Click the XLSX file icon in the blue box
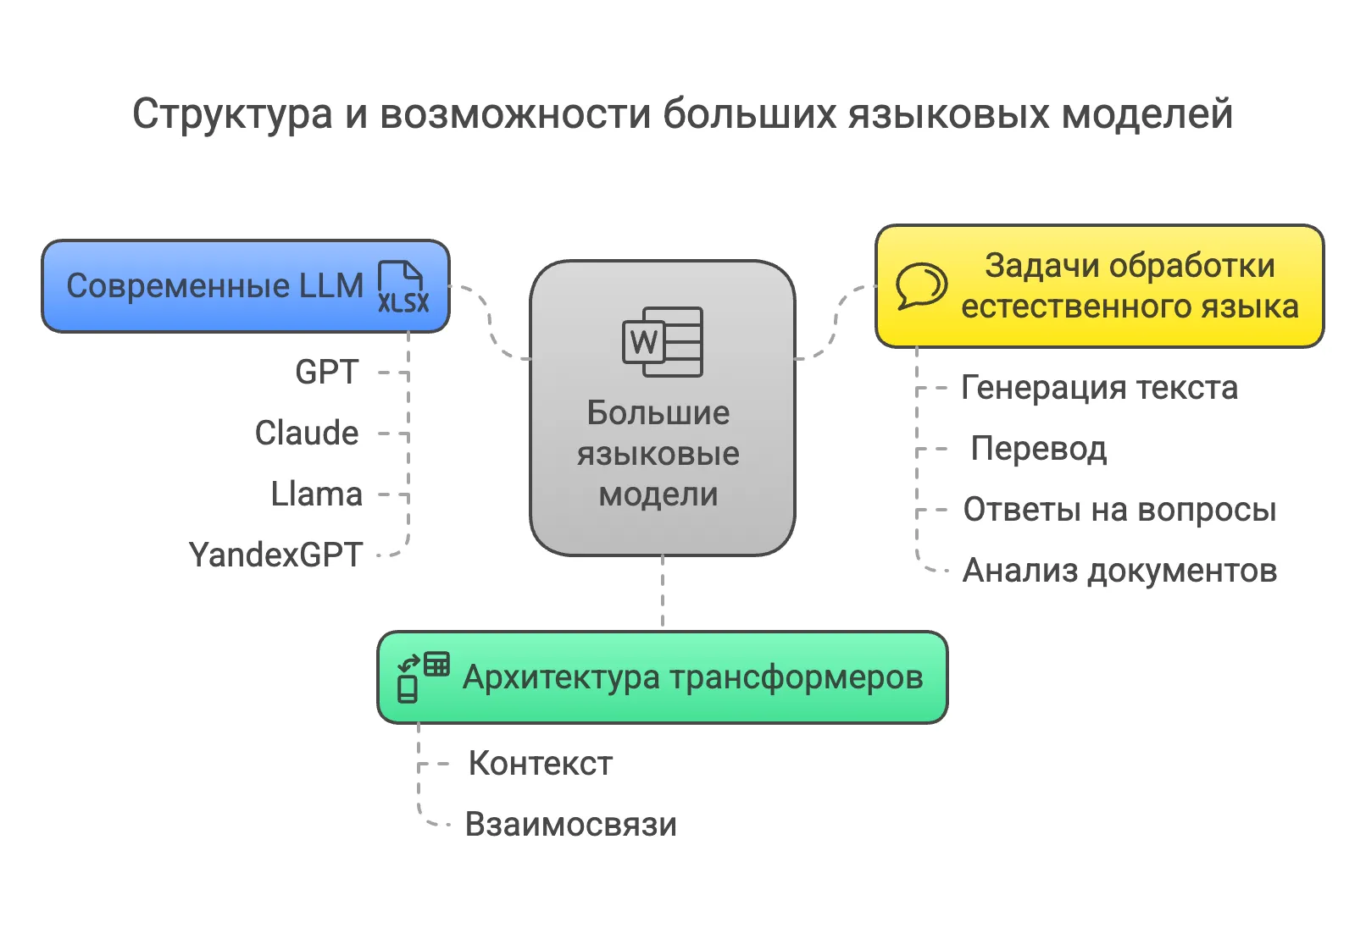[x=403, y=286]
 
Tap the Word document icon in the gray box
[x=663, y=342]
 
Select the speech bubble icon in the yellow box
[x=921, y=286]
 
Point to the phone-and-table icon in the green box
[x=423, y=677]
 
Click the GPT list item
[x=327, y=372]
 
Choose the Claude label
[x=307, y=433]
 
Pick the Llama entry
[x=316, y=494]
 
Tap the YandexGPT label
[x=275, y=555]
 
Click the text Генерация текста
[x=1100, y=388]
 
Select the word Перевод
[x=1039, y=450]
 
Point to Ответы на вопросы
[x=1119, y=510]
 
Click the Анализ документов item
[x=1119, y=571]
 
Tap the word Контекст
[x=541, y=764]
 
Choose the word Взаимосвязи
[x=571, y=825]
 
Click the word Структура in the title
[x=232, y=114]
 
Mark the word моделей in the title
[x=1147, y=114]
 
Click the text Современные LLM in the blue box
[x=214, y=286]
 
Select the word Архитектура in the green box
[x=561, y=677]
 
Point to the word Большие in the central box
[x=658, y=413]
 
